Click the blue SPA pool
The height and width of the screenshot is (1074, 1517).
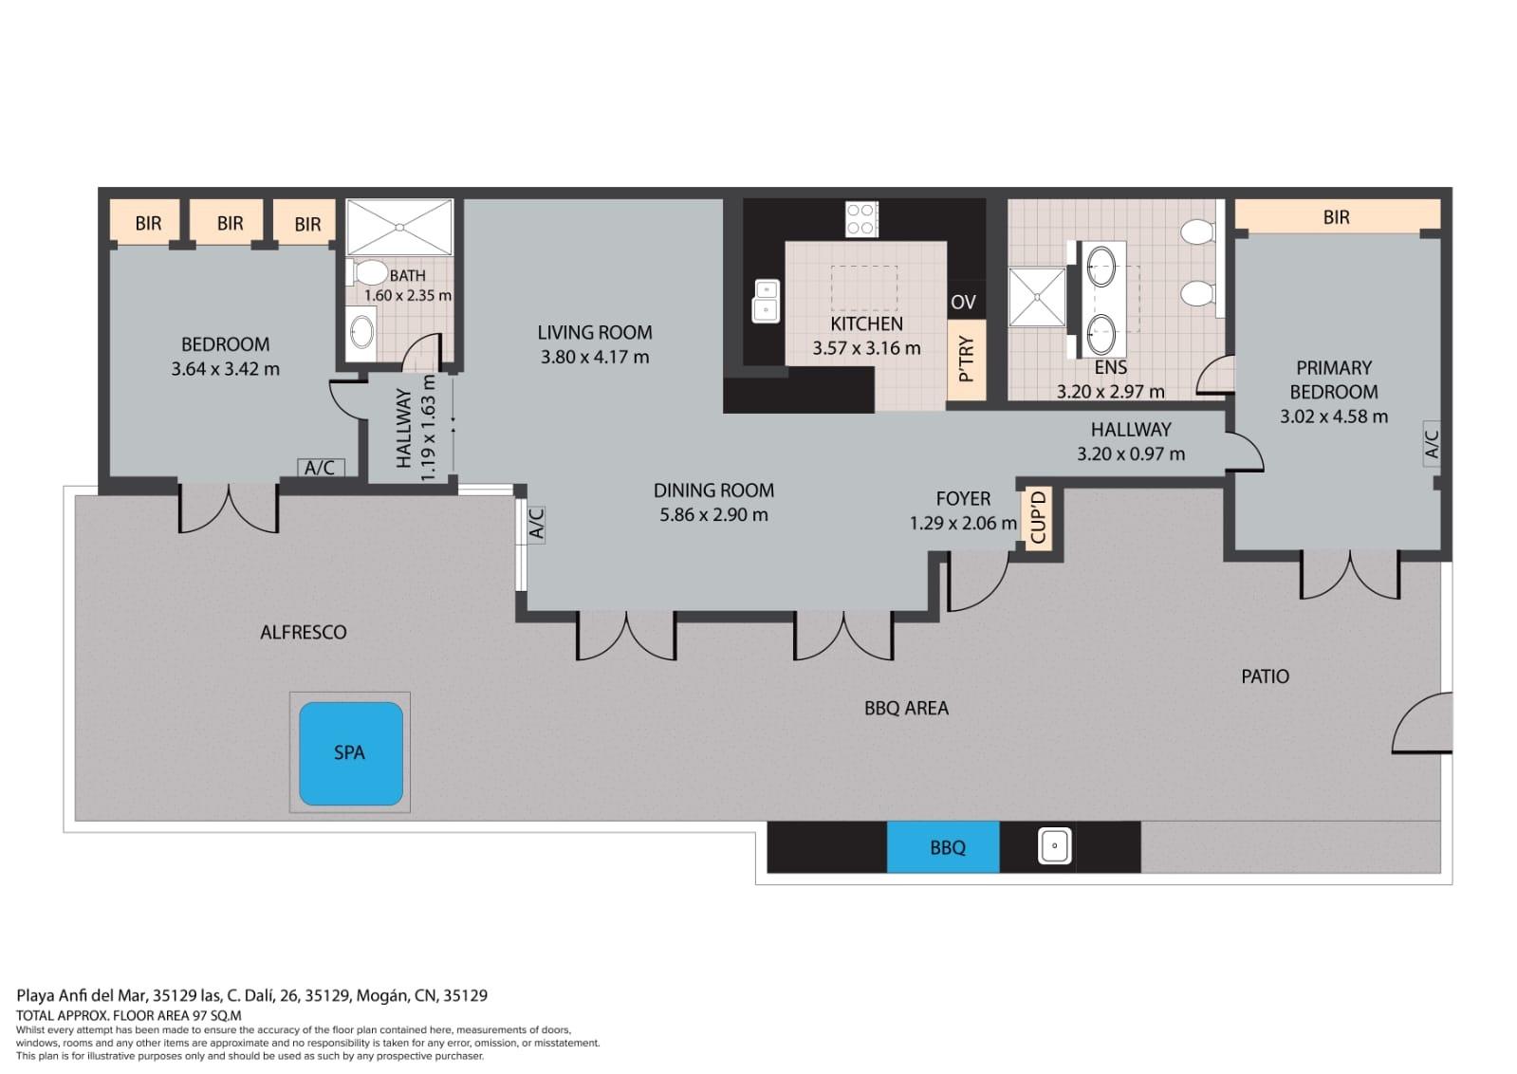pyautogui.click(x=351, y=753)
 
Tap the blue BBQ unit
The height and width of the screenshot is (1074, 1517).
pyautogui.click(x=943, y=847)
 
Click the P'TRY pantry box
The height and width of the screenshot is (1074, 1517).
pyautogui.click(x=967, y=360)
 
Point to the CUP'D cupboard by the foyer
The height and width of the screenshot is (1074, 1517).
pyautogui.click(x=1038, y=518)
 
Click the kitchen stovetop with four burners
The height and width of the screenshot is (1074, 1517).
pyautogui.click(x=861, y=219)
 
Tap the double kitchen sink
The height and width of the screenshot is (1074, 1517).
pyautogui.click(x=766, y=301)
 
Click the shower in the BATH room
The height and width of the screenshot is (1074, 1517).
pyautogui.click(x=398, y=227)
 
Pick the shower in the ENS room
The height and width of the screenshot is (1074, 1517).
pyautogui.click(x=1037, y=297)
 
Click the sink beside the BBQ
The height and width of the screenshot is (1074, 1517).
pyautogui.click(x=1054, y=845)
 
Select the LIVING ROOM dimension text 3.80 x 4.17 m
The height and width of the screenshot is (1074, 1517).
pyautogui.click(x=595, y=357)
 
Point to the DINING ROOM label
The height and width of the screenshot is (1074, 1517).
pyautogui.click(x=713, y=491)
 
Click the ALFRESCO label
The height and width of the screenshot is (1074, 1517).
pyautogui.click(x=304, y=633)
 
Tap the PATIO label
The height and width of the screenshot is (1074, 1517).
pyautogui.click(x=1265, y=676)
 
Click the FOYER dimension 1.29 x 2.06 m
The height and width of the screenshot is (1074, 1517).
pyautogui.click(x=963, y=524)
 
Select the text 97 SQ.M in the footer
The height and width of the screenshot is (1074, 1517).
pyautogui.click(x=218, y=1016)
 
